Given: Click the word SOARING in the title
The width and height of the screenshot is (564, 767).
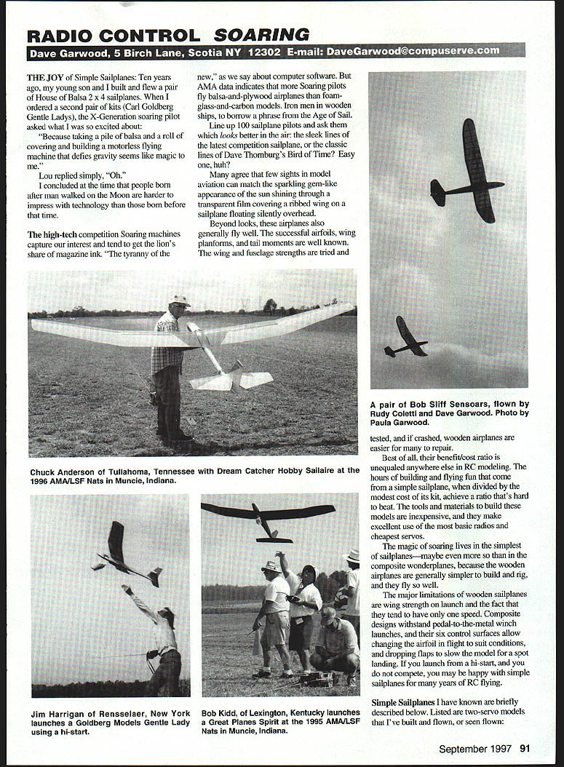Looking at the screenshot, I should (261, 34).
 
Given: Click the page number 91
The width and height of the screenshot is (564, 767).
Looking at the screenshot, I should (525, 747).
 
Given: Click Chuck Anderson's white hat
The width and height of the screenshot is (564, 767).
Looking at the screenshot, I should (178, 299).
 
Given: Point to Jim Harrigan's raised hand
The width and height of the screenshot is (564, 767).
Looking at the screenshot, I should (126, 587).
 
